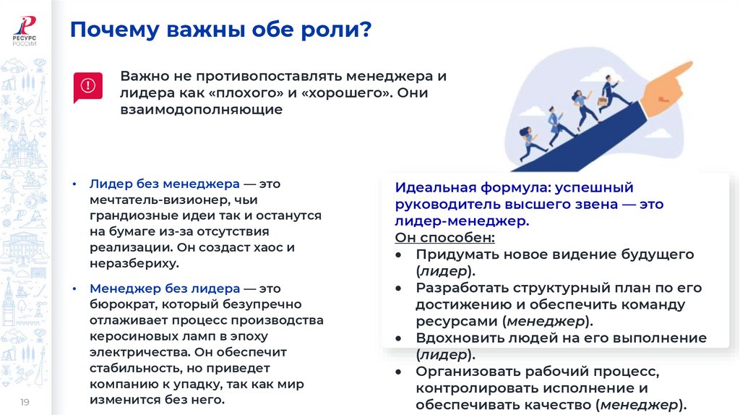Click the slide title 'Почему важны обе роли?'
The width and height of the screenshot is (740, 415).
coord(220,30)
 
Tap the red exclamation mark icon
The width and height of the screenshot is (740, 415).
coord(88,87)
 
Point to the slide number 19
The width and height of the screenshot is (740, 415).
coord(24,401)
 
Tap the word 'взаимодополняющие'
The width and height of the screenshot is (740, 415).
coord(201,111)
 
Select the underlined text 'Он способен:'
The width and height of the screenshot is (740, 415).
coord(444,238)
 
